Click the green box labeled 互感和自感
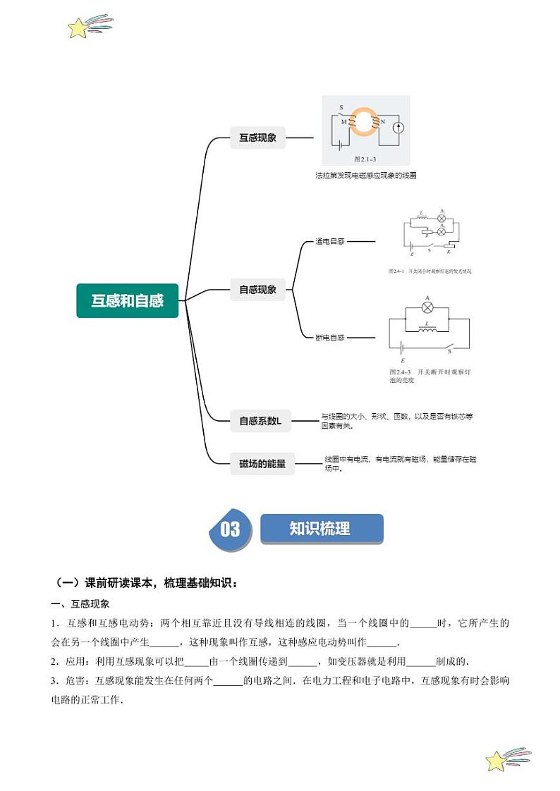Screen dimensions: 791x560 [127, 300]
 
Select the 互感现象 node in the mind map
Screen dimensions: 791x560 [257, 138]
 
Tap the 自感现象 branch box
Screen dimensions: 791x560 [257, 289]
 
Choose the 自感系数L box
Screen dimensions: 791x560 [262, 421]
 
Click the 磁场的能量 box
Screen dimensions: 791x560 [262, 463]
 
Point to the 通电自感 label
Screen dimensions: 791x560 [330, 241]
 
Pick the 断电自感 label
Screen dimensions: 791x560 [330, 338]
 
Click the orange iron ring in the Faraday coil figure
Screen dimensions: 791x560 [365, 122]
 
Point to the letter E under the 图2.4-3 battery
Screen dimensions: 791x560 [402, 360]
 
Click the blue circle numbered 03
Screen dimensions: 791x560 [229, 529]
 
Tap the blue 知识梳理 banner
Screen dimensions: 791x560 [321, 529]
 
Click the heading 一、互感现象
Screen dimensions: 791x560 [80, 604]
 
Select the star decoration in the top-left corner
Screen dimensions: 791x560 [78, 28]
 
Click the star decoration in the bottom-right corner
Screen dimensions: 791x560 [497, 761]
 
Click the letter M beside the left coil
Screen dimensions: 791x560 [343, 121]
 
